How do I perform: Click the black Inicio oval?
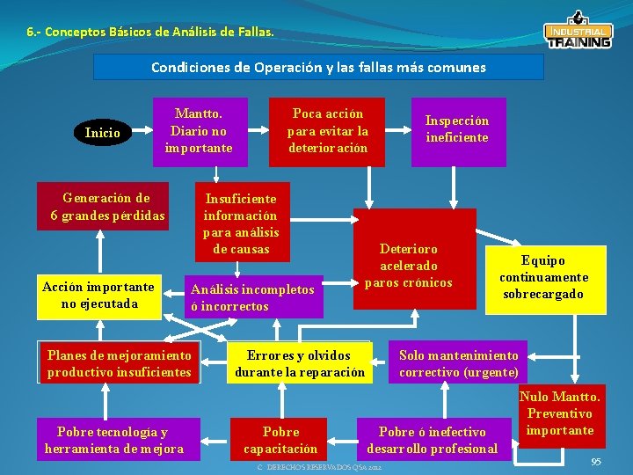click(x=102, y=133)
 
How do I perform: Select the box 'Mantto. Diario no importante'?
click(x=199, y=131)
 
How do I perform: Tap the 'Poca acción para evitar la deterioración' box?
click(x=327, y=131)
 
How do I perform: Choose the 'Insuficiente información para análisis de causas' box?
click(x=241, y=223)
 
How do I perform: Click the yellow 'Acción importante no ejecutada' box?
click(x=99, y=296)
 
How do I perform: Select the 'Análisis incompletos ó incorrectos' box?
click(x=254, y=297)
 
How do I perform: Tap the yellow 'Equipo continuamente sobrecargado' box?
click(x=545, y=279)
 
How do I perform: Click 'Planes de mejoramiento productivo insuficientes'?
click(x=120, y=363)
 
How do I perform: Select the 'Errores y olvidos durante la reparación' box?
click(x=299, y=363)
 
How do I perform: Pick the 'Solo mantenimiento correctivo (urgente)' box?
click(x=458, y=363)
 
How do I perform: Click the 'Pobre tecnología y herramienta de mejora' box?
click(x=114, y=440)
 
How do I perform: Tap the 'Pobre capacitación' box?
click(x=281, y=440)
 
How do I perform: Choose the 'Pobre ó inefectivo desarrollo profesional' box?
click(x=433, y=440)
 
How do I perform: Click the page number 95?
click(x=596, y=462)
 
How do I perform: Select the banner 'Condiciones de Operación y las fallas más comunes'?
click(x=318, y=67)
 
